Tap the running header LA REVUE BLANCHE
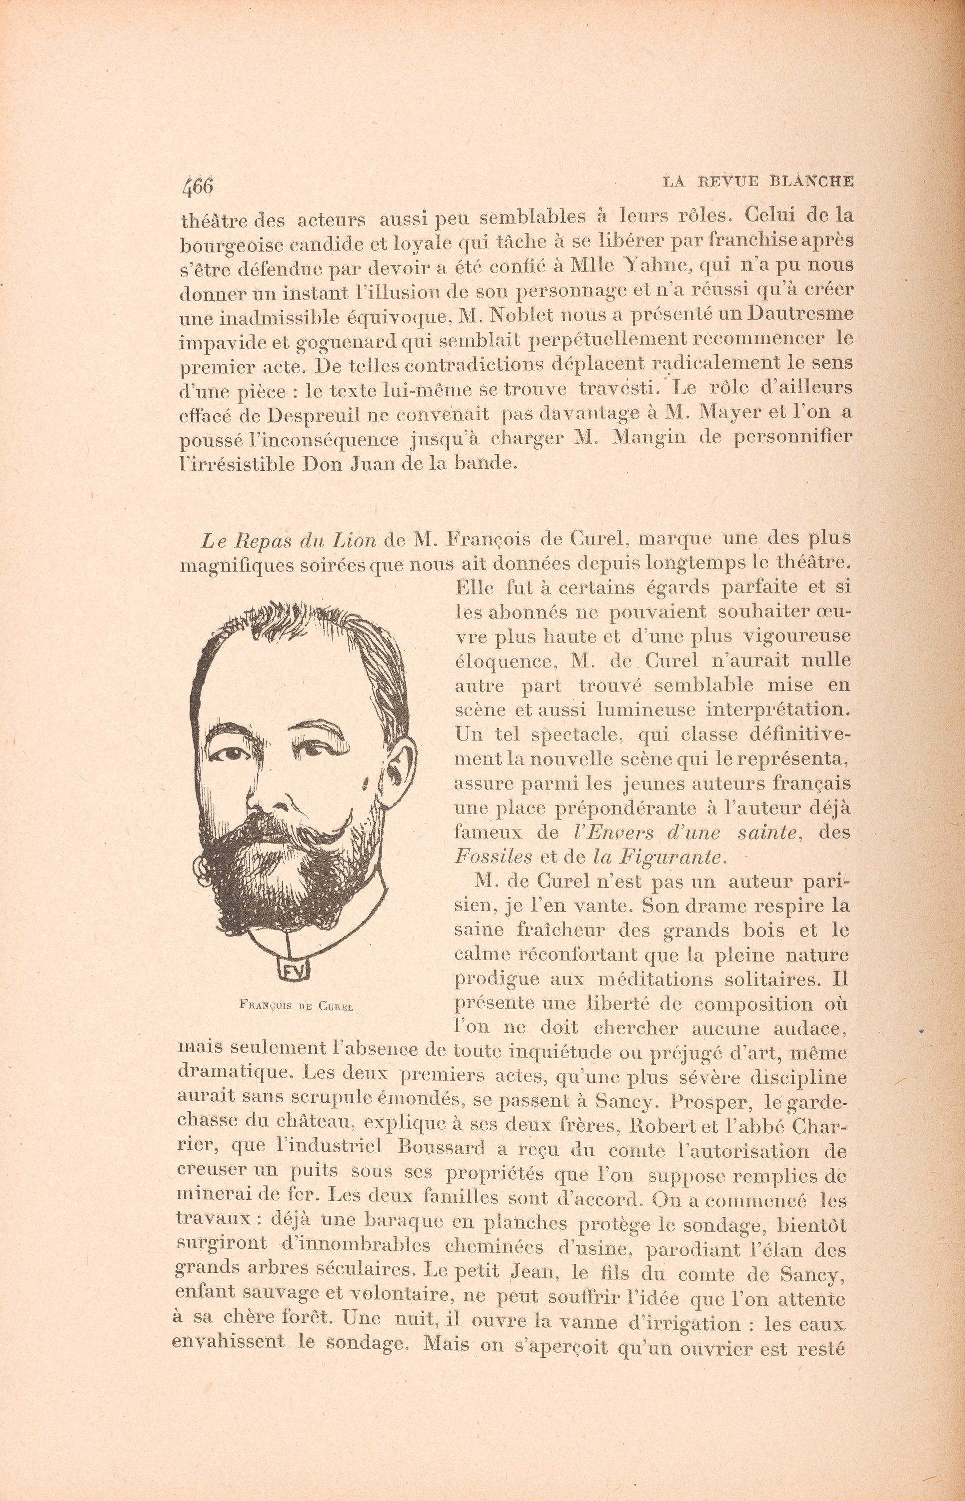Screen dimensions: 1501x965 click(758, 181)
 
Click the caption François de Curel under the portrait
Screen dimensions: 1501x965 click(296, 1007)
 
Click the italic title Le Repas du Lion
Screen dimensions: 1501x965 click(288, 539)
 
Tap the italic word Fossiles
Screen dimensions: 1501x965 click(494, 856)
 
